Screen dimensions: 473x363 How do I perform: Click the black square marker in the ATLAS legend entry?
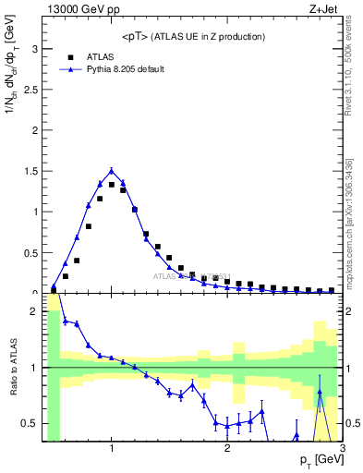68,56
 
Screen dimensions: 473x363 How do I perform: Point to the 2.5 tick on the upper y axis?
30,89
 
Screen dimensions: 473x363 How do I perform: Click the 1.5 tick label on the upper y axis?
30,171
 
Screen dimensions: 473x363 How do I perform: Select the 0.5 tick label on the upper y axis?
30,252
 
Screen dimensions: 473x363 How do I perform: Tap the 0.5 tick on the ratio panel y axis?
30,423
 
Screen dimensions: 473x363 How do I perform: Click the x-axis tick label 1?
112,450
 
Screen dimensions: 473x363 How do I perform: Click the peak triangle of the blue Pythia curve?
112,170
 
